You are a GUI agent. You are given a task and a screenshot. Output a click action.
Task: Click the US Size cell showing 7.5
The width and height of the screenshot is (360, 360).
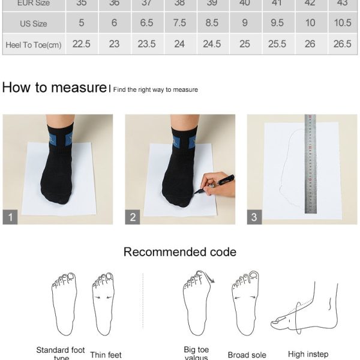click(179, 23)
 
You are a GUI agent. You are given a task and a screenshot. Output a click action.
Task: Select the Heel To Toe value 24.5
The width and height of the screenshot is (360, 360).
click(212, 44)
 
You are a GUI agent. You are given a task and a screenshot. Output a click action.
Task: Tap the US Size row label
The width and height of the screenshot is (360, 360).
click(34, 23)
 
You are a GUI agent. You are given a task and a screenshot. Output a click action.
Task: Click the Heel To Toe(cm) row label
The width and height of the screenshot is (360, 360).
click(34, 44)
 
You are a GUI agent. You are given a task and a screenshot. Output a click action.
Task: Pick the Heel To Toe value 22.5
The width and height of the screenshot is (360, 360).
click(82, 44)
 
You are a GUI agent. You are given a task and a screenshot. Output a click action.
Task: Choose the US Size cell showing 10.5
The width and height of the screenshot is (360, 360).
click(343, 23)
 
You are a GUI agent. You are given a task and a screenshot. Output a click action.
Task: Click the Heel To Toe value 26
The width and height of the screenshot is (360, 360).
click(310, 44)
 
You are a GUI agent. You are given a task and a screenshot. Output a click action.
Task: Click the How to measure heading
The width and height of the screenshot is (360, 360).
click(54, 88)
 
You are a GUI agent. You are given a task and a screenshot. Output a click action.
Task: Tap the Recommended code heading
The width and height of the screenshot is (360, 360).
click(180, 252)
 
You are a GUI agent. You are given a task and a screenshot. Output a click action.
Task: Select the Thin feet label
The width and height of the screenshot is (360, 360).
click(106, 355)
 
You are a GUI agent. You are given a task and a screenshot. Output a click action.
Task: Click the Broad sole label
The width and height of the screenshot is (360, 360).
click(247, 355)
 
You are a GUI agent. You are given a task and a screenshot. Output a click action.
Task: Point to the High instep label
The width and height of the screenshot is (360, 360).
click(308, 354)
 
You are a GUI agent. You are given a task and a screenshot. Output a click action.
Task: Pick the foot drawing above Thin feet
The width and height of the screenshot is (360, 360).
click(103, 303)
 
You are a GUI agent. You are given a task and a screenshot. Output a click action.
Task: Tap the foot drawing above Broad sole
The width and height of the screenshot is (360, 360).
click(245, 303)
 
